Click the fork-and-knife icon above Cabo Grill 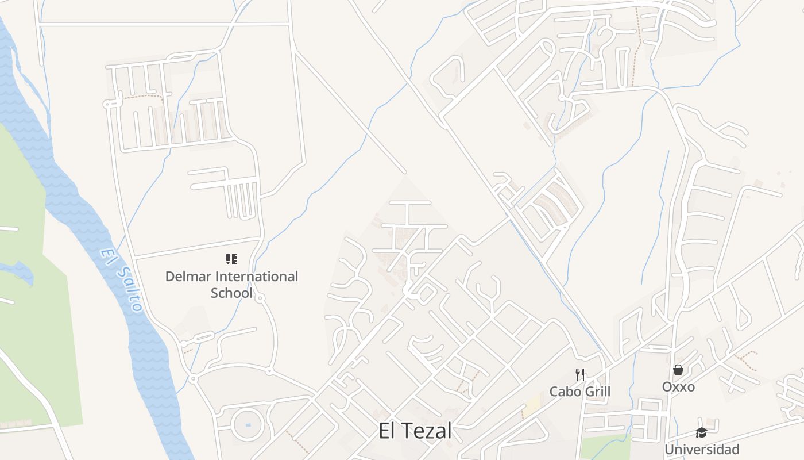click(580, 375)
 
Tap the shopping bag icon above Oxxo click(678, 370)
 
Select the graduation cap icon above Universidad click(701, 432)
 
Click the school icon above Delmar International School click(231, 259)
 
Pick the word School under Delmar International click(231, 293)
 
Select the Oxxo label click(678, 386)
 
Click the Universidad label click(701, 449)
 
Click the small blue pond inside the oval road click(248, 425)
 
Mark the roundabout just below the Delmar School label click(260, 298)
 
